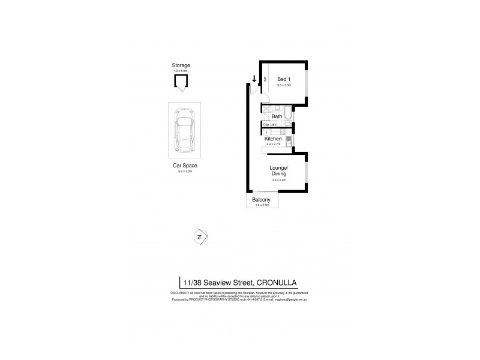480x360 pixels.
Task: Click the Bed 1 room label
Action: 284,79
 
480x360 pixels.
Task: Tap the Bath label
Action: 277,117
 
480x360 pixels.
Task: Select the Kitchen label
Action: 273,139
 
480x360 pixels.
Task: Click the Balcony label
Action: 261,200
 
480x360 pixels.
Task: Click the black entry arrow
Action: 254,79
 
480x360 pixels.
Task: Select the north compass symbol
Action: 199,237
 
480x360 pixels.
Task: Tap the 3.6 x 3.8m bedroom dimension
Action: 284,85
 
